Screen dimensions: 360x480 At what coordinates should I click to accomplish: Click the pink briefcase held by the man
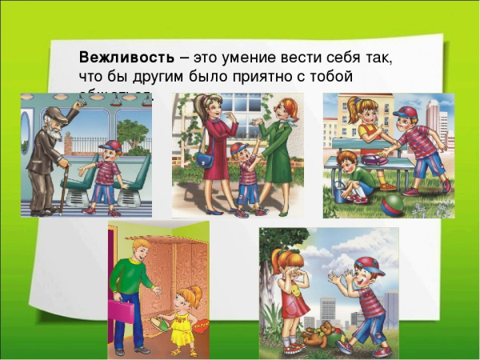point(122,308)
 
